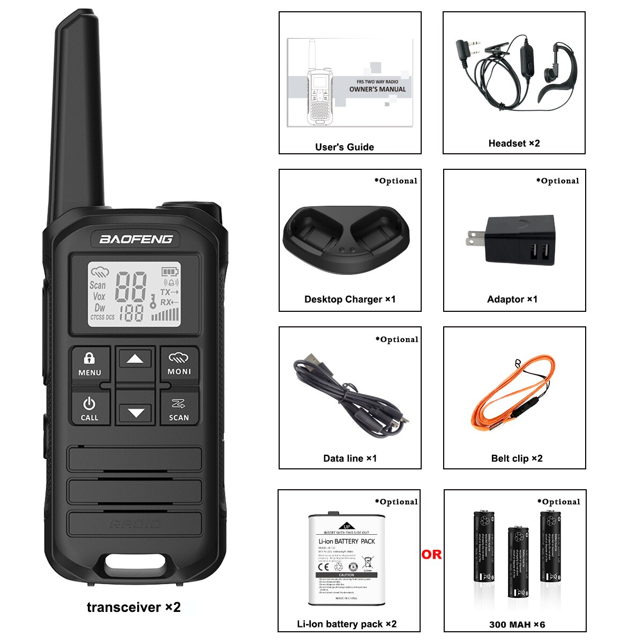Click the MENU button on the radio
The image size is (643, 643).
click(89, 364)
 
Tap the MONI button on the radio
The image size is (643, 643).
click(179, 364)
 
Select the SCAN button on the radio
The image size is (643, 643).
click(179, 410)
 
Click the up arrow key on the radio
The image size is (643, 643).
click(135, 360)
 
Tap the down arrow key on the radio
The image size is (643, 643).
click(136, 413)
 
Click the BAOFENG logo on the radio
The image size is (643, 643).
click(136, 239)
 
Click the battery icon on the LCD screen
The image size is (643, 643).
click(170, 272)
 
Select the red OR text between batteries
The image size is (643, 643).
click(431, 555)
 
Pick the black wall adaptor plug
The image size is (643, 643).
click(517, 240)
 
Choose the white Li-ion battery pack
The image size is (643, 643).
click(347, 559)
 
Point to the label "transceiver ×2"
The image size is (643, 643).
click(133, 607)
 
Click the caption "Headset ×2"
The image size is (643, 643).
click(514, 143)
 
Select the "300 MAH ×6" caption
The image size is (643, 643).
click(517, 624)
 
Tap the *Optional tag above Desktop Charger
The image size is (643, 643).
click(395, 181)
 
